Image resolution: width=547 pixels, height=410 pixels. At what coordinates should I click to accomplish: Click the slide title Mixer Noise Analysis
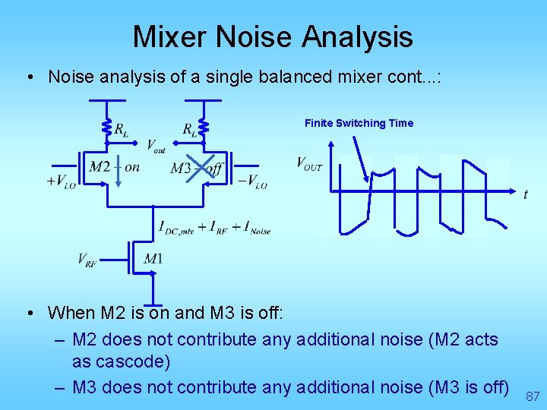click(x=273, y=36)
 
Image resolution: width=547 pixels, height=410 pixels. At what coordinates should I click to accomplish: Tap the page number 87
click(x=533, y=396)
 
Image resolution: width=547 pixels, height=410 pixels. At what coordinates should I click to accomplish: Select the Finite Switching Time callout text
click(x=359, y=123)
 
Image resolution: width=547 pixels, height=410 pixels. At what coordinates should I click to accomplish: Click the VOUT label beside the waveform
click(x=309, y=163)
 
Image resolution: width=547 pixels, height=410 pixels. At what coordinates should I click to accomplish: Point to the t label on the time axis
click(x=525, y=194)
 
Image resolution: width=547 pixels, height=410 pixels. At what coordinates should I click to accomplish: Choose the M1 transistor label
click(x=153, y=260)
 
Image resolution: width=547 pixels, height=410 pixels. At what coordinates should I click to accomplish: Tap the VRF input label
click(x=87, y=260)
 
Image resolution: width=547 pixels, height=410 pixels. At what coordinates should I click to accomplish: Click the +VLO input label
click(x=61, y=181)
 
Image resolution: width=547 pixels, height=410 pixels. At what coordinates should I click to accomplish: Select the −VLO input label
click(x=252, y=181)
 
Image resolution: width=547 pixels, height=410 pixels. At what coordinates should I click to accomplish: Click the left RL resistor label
click(x=121, y=130)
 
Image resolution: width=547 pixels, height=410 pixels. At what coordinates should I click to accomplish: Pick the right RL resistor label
click(x=190, y=130)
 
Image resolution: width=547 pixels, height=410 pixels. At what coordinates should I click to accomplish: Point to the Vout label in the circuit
click(x=156, y=145)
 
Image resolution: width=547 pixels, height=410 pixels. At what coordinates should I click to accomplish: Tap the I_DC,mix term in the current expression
click(x=176, y=227)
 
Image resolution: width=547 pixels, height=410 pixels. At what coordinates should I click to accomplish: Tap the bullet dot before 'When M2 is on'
click(x=27, y=313)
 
